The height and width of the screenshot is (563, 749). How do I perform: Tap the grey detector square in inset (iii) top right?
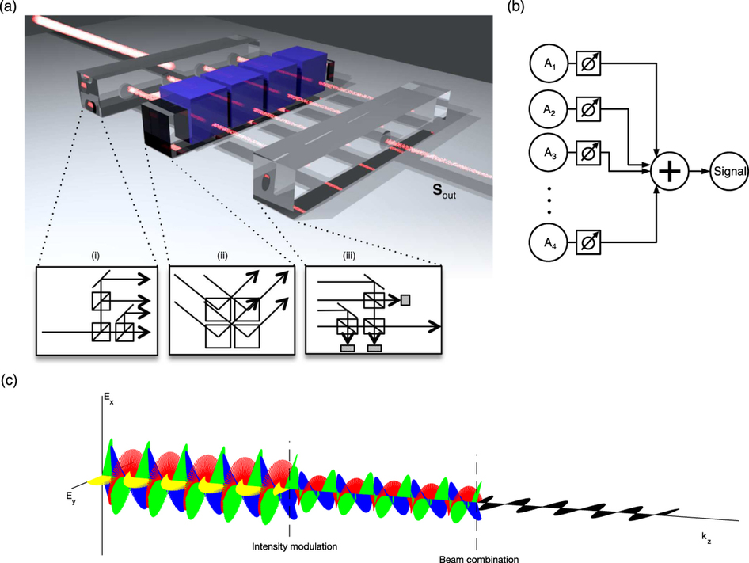point(405,299)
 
